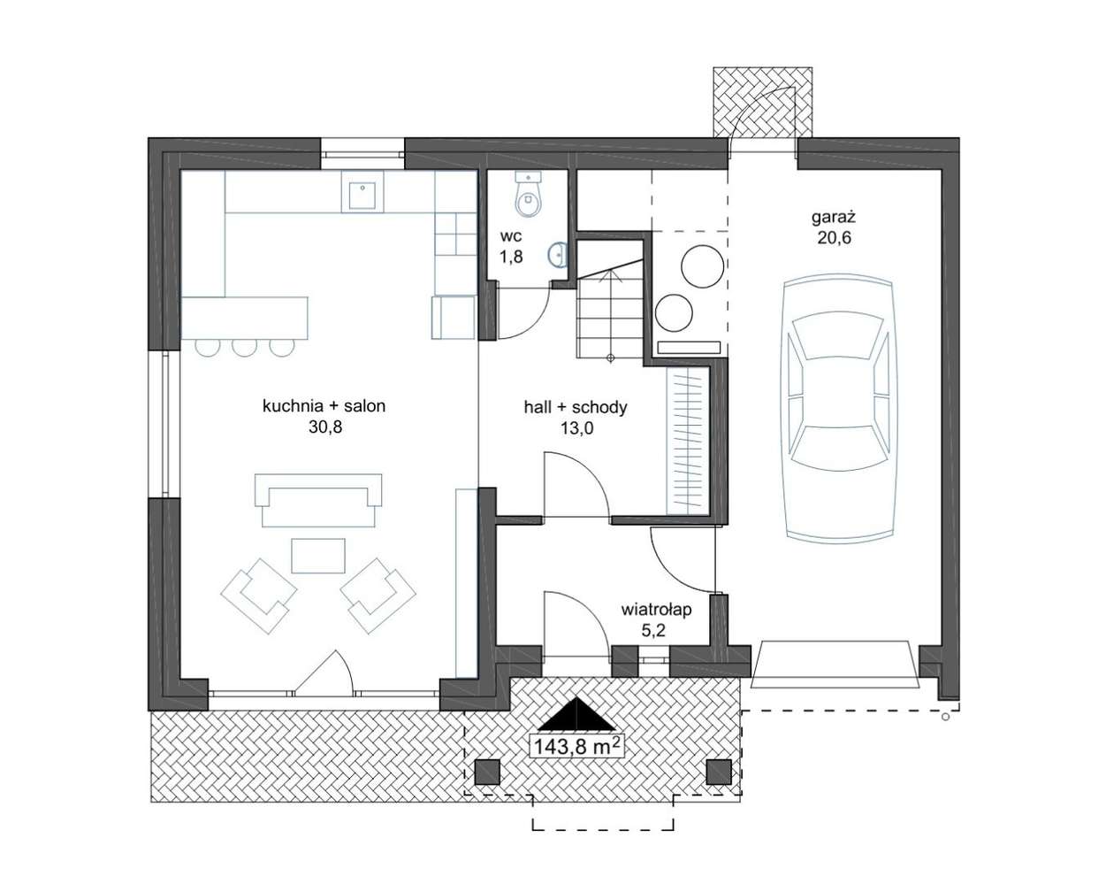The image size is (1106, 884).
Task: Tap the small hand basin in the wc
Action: coord(557,255)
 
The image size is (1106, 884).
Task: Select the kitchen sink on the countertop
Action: coord(362,191)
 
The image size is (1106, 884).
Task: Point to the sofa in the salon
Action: coord(318,500)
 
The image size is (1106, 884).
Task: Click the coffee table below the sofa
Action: coord(318,556)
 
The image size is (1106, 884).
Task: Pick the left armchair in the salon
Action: coord(258,595)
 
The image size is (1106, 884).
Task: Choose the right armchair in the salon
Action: coord(378,595)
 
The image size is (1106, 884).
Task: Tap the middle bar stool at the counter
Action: coord(244,348)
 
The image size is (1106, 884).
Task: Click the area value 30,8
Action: coord(324,427)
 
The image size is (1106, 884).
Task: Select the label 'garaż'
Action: coord(834,218)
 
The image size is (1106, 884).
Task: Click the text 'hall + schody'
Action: coord(576,408)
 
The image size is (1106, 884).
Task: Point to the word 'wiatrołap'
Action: coord(656,611)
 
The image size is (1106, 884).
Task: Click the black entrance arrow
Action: coord(577,714)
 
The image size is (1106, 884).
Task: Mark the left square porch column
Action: coord(487,772)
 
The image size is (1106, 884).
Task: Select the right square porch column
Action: coord(719,772)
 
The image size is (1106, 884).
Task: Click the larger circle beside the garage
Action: coord(703,266)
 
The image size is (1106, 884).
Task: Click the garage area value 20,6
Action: coord(835,238)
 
